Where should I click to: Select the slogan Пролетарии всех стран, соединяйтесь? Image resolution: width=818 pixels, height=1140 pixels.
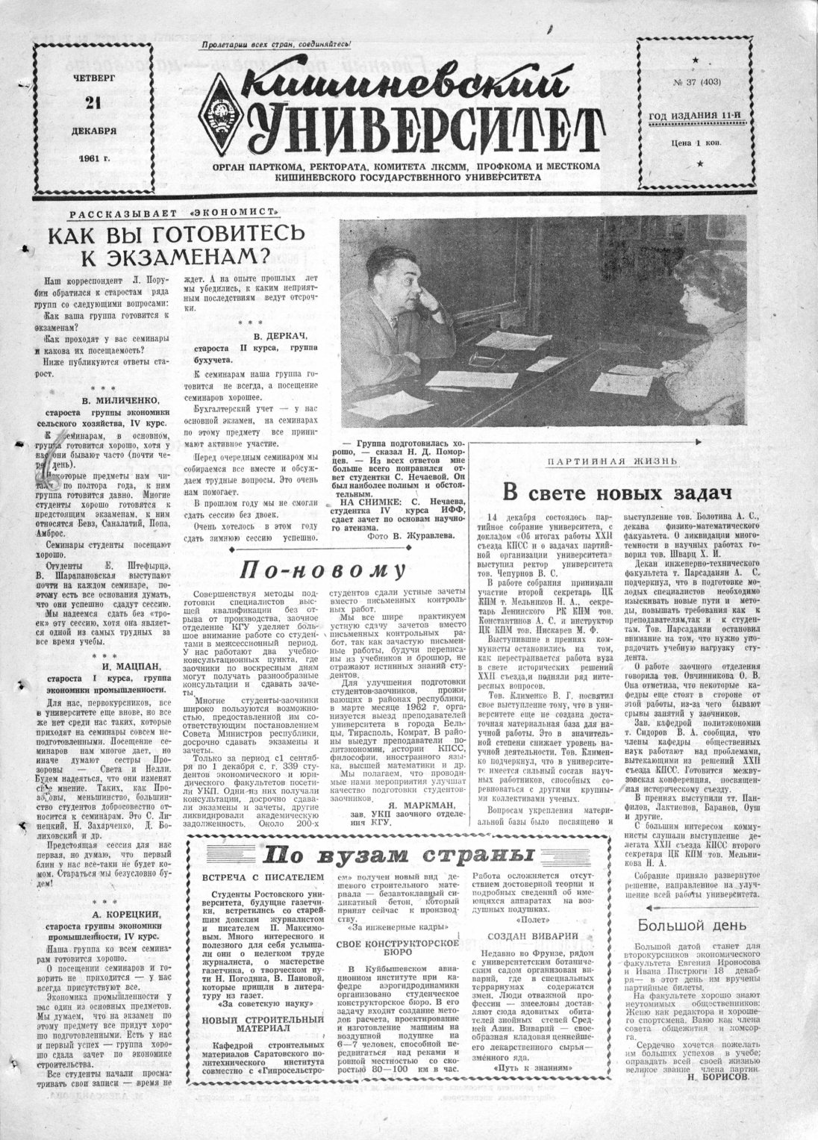click(x=277, y=46)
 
